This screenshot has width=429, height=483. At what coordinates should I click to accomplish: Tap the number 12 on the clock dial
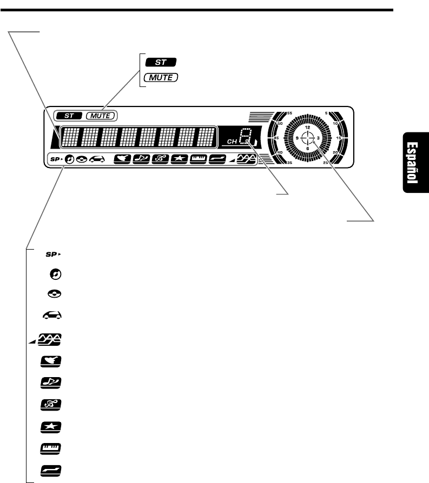point(307,128)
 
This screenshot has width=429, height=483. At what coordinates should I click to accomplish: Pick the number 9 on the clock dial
point(297,138)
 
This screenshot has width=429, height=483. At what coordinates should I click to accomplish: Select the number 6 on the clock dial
point(307,147)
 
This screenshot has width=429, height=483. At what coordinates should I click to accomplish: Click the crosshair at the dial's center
point(307,138)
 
